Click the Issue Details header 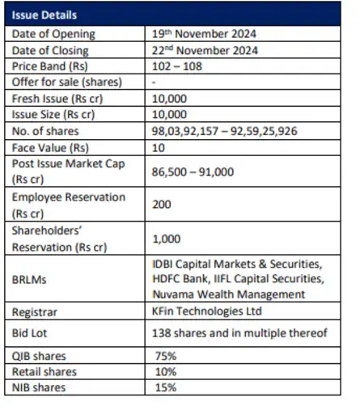pos(45,15)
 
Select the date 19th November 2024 pos(204,33)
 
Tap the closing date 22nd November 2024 pos(205,51)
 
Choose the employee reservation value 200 pos(161,205)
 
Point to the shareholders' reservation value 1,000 pos(165,237)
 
